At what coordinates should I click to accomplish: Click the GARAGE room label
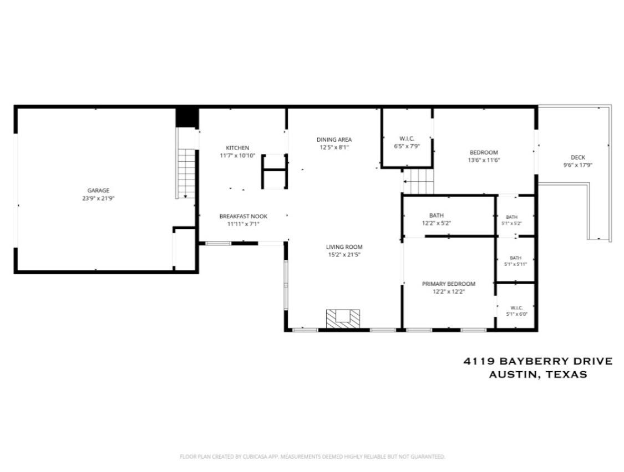[98, 191]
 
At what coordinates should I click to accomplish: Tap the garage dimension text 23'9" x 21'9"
[98, 198]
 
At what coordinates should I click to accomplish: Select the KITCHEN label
[237, 148]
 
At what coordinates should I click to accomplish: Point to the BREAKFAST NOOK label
[243, 216]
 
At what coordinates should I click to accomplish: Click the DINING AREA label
[334, 140]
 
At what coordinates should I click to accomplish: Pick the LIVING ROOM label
[344, 247]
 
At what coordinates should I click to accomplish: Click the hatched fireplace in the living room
[343, 319]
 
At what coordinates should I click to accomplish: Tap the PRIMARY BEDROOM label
[449, 284]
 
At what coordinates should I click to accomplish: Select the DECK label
[578, 157]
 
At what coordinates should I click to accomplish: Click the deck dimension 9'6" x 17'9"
[578, 165]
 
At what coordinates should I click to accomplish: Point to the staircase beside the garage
[186, 173]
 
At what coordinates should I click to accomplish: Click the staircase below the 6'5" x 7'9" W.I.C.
[418, 181]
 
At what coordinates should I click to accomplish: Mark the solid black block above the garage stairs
[187, 117]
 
